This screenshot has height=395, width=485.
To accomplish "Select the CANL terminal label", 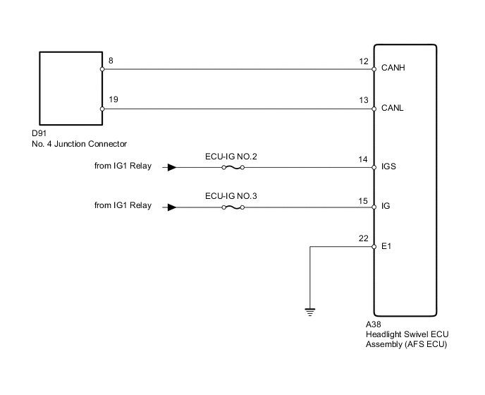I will tap(391, 109).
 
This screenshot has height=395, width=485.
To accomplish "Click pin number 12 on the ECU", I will tap(364, 61).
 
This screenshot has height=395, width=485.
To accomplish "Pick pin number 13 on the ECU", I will tap(364, 101).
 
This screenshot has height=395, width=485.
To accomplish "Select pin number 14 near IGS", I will tap(364, 160).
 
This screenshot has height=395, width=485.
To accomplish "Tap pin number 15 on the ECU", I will tap(364, 200).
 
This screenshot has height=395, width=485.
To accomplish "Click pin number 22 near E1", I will tap(364, 239).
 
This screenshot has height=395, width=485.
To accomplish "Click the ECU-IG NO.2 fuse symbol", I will tap(233, 168).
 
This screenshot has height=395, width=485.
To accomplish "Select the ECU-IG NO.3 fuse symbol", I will tap(233, 207).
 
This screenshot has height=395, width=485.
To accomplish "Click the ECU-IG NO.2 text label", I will tap(231, 156).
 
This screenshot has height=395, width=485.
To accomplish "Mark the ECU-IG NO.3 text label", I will tap(231, 195).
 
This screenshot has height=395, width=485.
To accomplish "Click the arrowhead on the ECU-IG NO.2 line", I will tap(171, 168).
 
